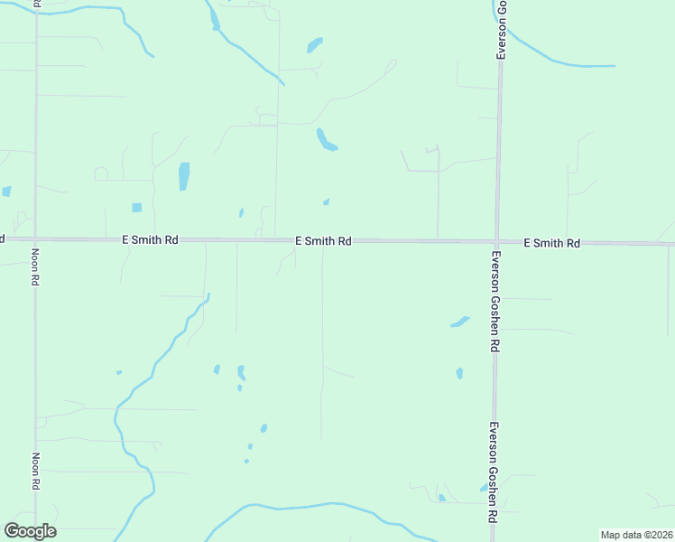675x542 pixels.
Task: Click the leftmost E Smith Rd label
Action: (x=152, y=240)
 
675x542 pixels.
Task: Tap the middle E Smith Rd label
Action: (x=323, y=241)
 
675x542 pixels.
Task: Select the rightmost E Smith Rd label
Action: (x=552, y=243)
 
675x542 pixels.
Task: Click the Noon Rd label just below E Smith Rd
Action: (x=35, y=267)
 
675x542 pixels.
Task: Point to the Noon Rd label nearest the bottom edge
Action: (x=35, y=472)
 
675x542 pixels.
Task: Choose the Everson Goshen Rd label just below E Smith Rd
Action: (x=495, y=301)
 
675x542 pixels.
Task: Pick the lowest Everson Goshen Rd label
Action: (x=494, y=472)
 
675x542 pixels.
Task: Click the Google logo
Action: (x=30, y=531)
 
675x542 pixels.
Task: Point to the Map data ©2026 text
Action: (x=636, y=535)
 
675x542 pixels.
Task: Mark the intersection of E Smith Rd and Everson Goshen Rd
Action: (x=496, y=242)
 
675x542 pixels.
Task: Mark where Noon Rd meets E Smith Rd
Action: (x=35, y=239)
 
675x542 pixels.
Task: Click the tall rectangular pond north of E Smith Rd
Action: (x=184, y=176)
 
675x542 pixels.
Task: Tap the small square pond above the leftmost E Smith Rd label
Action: (x=137, y=208)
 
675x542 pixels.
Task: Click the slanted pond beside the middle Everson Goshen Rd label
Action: (x=460, y=321)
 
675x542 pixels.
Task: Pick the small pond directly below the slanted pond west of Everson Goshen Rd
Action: (x=459, y=372)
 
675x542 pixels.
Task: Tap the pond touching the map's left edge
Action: (x=5, y=192)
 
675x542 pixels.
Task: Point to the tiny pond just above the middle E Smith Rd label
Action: (x=326, y=201)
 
